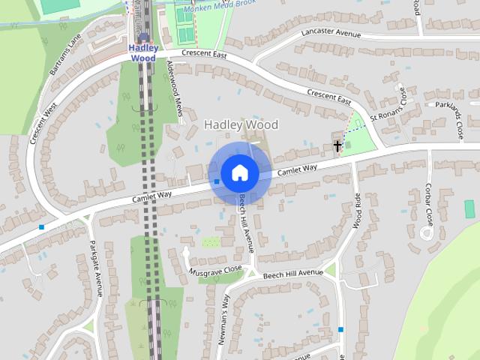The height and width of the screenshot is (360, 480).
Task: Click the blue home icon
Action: (239, 173)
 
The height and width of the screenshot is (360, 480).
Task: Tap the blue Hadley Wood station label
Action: (142, 52)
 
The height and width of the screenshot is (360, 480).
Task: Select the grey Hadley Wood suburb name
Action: (241, 124)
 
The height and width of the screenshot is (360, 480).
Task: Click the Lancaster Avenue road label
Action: (331, 34)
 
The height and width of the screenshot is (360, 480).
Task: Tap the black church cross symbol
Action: (338, 145)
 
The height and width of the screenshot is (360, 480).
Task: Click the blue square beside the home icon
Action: (216, 181)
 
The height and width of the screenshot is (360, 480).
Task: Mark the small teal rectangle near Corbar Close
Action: (470, 208)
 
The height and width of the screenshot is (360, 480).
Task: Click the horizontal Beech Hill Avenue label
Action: (292, 275)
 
